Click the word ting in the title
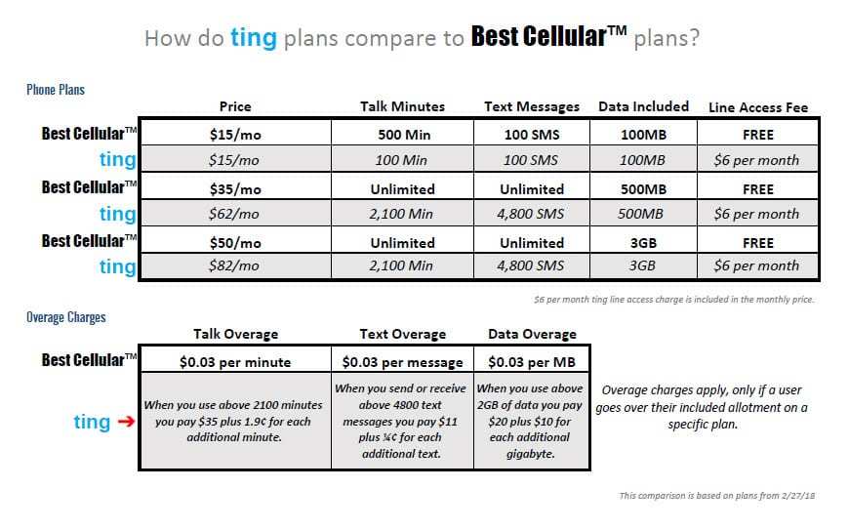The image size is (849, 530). pos(254,38)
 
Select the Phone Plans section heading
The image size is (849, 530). pos(56,90)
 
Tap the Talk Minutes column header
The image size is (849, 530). pos(402,106)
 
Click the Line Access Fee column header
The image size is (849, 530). pos(758,107)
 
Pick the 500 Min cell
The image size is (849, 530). pos(404,135)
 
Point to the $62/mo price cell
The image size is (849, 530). pos(234,214)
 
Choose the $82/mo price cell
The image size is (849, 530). pos(234,265)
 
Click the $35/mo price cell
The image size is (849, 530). pos(235,189)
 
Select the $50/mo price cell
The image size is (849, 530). pos(235,243)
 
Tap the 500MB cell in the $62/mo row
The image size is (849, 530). pos(640,214)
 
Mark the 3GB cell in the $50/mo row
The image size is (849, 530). pos(643,243)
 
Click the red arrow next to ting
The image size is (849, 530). pos(126,421)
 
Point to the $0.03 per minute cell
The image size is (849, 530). pos(235,362)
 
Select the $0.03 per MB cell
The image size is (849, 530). pos(532,362)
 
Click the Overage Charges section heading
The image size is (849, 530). pos(66,317)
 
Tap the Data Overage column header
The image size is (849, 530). pos(532,335)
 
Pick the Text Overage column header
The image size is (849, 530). pos(403,335)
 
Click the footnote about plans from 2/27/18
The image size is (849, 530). pos(717,496)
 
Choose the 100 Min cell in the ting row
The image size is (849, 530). pos(401,160)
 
